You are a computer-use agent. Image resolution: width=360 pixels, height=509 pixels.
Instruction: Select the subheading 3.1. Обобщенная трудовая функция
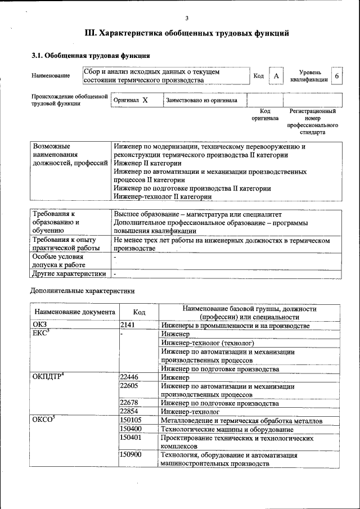click(90, 56)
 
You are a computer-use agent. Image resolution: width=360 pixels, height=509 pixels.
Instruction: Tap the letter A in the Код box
click(276, 76)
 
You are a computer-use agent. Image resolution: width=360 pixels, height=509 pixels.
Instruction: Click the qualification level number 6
click(336, 76)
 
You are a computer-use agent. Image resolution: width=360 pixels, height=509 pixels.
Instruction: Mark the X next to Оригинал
click(145, 100)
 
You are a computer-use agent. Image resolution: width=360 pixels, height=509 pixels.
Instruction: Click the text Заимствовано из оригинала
click(201, 100)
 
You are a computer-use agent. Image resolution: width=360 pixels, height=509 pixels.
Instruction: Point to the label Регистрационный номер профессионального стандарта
click(312, 122)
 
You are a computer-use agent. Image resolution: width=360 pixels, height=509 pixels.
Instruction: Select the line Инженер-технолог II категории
click(163, 197)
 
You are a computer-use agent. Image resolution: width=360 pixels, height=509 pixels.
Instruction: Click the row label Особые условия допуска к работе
click(58, 260)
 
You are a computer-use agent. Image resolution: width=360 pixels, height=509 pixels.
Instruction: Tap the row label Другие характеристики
click(69, 274)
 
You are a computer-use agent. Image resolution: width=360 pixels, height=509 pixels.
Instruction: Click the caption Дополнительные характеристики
click(82, 291)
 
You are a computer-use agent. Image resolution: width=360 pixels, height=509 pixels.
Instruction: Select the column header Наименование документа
click(74, 312)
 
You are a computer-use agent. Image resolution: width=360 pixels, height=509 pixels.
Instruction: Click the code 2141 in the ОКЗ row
click(128, 326)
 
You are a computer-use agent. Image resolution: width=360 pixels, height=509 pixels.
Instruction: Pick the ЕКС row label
click(42, 334)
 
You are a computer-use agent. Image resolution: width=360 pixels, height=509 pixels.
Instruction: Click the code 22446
click(129, 377)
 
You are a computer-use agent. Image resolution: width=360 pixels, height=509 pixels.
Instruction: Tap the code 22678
click(129, 403)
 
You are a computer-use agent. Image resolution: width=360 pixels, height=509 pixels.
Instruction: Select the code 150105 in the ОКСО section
click(130, 420)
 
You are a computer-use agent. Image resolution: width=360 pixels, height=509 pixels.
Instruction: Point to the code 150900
click(130, 454)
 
